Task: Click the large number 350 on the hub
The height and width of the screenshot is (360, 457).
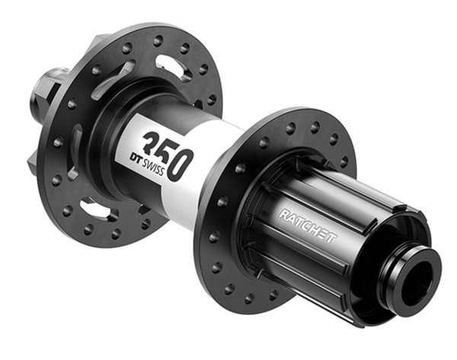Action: (x=168, y=155)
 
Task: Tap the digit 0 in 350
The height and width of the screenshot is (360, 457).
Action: (x=181, y=165)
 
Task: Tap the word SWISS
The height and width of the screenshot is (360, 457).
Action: (x=154, y=168)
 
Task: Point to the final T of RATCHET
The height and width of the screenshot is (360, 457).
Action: (x=331, y=238)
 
